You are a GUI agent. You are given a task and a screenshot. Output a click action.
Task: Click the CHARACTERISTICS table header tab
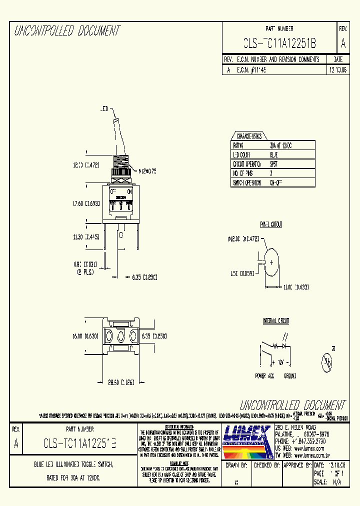tap(249, 136)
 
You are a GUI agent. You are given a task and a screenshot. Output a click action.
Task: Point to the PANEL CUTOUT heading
tap(271, 224)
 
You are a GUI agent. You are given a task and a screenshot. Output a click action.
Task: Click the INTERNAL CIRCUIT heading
tap(276, 320)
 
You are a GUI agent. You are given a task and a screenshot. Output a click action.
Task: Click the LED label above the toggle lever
tap(104, 108)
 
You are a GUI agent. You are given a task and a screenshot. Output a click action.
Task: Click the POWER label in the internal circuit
tap(261, 375)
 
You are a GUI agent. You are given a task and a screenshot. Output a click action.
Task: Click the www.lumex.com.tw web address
tap(309, 456)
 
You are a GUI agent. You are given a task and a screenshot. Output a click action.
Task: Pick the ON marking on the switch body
tap(130, 191)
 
